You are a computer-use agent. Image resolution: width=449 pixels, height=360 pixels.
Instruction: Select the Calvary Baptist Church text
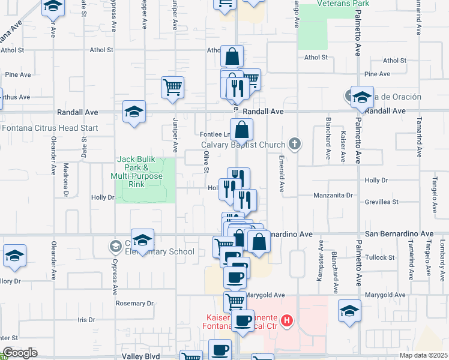(243, 144)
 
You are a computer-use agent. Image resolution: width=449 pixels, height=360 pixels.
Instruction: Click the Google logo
(19, 353)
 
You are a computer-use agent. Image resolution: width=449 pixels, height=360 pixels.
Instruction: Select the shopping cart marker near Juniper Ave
(172, 87)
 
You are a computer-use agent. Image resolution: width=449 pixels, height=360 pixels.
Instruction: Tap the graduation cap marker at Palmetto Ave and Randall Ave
(362, 98)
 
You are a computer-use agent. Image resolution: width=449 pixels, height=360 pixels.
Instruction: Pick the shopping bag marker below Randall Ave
(241, 129)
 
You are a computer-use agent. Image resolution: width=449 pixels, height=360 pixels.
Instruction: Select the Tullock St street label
(379, 257)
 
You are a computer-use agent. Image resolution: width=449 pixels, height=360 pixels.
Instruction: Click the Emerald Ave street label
(280, 174)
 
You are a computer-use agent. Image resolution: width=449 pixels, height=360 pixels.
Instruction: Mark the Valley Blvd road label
(141, 356)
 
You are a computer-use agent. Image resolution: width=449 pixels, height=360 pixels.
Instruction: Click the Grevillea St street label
(382, 202)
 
